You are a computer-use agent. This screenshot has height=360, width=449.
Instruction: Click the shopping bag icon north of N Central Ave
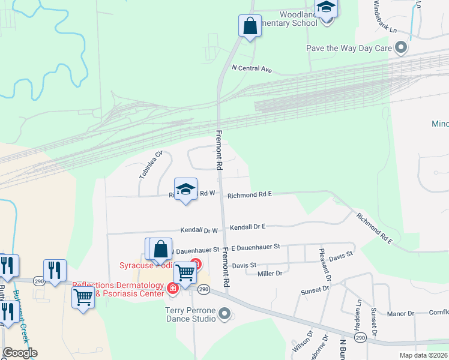pos(250,26)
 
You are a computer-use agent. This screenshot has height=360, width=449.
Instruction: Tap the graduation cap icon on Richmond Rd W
pos(186,189)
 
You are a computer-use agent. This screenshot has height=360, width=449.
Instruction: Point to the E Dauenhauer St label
pos(255,247)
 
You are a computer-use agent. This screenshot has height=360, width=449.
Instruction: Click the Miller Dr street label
pos(270,274)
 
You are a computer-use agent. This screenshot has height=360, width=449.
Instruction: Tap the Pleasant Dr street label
pos(325,264)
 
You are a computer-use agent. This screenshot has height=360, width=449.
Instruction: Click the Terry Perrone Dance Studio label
pos(190,314)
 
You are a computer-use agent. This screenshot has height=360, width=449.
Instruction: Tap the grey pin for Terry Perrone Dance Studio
pos(224,313)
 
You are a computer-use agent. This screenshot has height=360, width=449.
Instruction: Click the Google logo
pos(20,353)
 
